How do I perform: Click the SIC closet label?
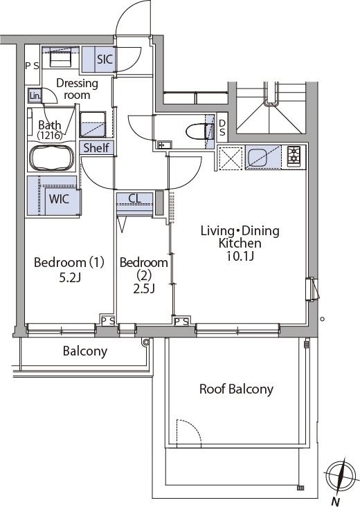pyautogui.click(x=105, y=59)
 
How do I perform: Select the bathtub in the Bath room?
pyautogui.click(x=52, y=158)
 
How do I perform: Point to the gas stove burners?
pyautogui.click(x=294, y=154)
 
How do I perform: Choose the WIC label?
pyautogui.click(x=59, y=199)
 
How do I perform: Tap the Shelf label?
pyautogui.click(x=96, y=148)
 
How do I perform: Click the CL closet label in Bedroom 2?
pyautogui.click(x=135, y=198)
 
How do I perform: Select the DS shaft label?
pyautogui.click(x=222, y=128)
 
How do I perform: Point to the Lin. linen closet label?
pyautogui.click(x=35, y=95)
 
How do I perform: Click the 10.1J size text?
pyautogui.click(x=240, y=256)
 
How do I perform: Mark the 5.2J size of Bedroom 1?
pyautogui.click(x=70, y=277)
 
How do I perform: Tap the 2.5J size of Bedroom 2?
pyautogui.click(x=144, y=288)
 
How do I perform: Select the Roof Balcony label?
pyautogui.click(x=236, y=389)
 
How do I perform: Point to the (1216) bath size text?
pyautogui.click(x=50, y=135)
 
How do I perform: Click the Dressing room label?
pyautogui.click(x=77, y=89)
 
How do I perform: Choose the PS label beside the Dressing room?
pyautogui.click(x=32, y=66)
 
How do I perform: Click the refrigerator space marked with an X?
pyautogui.click(x=231, y=158)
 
